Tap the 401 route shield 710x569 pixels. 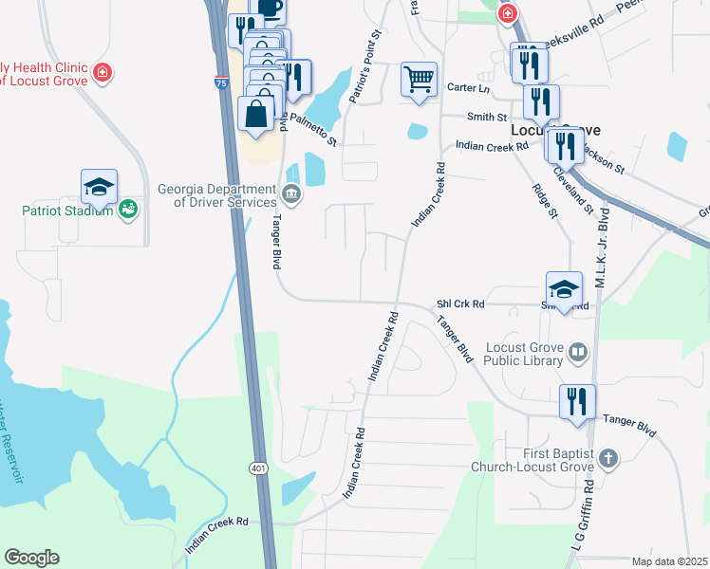[x=258, y=468]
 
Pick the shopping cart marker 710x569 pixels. [x=420, y=80]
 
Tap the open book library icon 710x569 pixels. [x=578, y=354]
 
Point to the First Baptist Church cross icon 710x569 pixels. [x=607, y=459]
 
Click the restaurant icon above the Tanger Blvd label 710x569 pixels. [x=576, y=402]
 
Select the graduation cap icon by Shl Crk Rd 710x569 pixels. [x=564, y=289]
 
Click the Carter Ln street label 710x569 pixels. [x=470, y=88]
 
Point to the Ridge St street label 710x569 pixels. [x=544, y=200]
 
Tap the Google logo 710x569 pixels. [x=31, y=558]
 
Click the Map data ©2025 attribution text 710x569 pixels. [x=669, y=561]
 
